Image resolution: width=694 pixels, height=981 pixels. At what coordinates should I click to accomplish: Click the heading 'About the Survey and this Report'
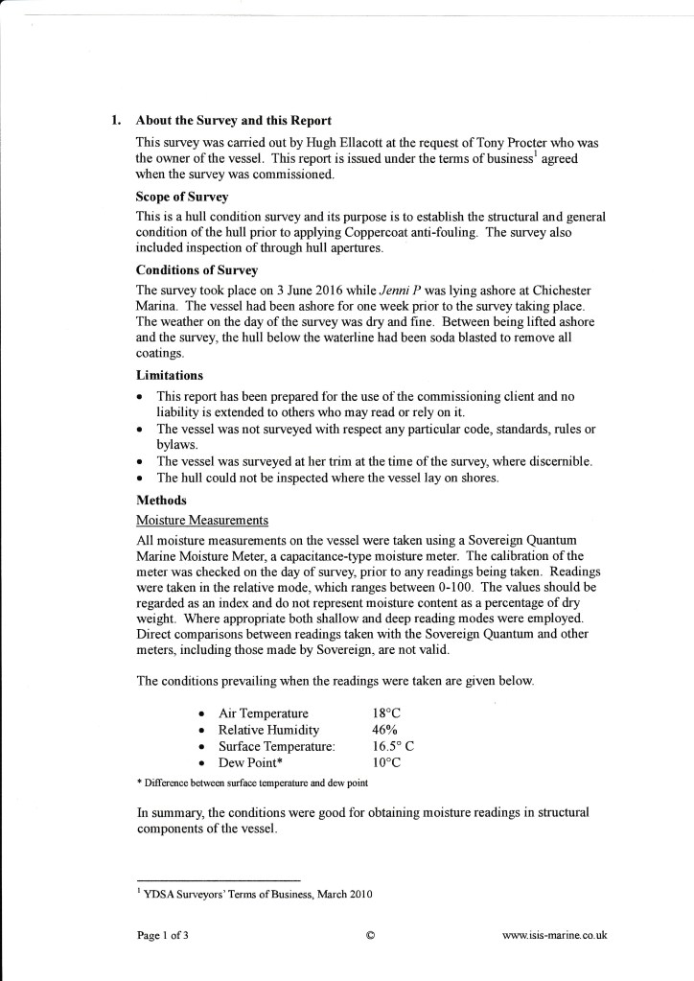pyautogui.click(x=234, y=121)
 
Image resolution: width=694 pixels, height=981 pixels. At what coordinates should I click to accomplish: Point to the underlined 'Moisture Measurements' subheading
pyautogui.click(x=202, y=520)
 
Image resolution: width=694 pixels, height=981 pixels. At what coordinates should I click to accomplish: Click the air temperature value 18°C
pyautogui.click(x=386, y=713)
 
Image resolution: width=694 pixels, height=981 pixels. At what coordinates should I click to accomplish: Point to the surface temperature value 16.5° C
pyautogui.click(x=393, y=746)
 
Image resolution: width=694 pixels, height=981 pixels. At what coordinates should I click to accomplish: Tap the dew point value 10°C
pyautogui.click(x=386, y=763)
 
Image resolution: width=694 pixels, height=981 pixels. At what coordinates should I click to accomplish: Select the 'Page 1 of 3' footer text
pyautogui.click(x=163, y=936)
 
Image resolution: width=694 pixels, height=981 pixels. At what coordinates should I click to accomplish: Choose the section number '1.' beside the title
pyautogui.click(x=116, y=121)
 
